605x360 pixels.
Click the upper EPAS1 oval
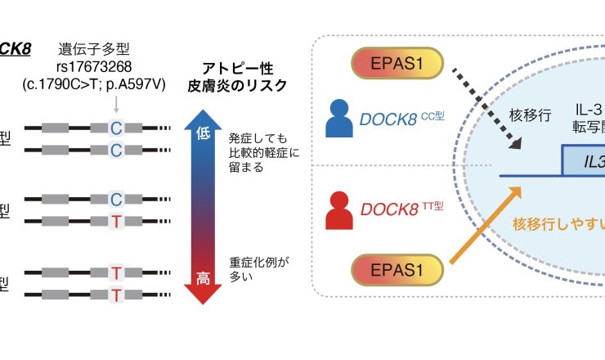click(x=397, y=64)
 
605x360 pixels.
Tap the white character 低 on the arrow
click(x=204, y=134)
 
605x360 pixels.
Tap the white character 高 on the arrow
click(x=204, y=279)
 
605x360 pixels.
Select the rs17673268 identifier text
click(x=111, y=66)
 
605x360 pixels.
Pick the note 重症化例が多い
click(x=259, y=269)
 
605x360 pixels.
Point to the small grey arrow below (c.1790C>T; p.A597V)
click(x=117, y=104)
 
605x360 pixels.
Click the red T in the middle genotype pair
click(x=117, y=218)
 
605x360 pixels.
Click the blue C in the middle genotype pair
click(x=117, y=199)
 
